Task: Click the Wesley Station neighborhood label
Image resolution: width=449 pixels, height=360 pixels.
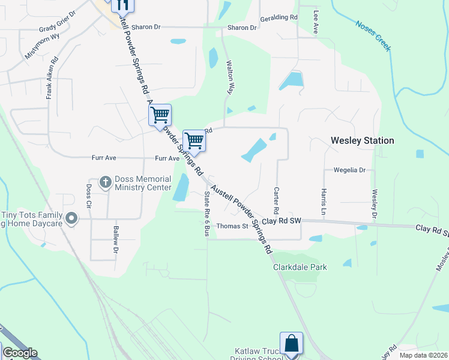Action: point(362,140)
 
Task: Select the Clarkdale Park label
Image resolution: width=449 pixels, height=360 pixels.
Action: point(300,267)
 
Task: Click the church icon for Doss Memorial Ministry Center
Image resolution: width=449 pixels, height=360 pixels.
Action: point(105,181)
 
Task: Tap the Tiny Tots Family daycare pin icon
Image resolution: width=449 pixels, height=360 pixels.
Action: point(71,219)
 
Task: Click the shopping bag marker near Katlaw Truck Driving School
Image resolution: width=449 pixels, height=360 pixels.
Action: point(291,344)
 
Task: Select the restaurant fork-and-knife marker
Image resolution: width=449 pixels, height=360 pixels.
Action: point(122,7)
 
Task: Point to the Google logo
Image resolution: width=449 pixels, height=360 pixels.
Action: point(20,353)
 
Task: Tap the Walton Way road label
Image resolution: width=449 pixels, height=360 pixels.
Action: point(229,77)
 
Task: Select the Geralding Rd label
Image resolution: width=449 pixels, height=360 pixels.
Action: point(278,18)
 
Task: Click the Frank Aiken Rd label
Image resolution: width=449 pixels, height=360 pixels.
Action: point(52,78)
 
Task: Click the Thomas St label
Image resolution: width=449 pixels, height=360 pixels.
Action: point(232,226)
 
